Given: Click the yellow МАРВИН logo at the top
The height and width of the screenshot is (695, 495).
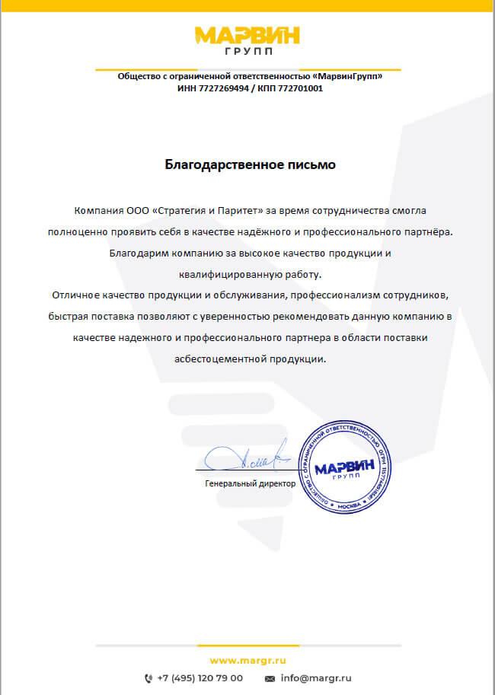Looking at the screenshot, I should click(x=247, y=37).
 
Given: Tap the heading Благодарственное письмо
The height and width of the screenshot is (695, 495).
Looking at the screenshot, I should click(x=251, y=164).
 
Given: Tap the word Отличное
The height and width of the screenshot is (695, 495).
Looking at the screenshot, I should click(x=75, y=294).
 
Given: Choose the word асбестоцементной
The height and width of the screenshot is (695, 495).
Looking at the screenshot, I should click(x=216, y=358).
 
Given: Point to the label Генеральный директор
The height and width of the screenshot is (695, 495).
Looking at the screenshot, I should click(x=250, y=483).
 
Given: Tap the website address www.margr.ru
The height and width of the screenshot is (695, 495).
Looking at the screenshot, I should click(x=247, y=660).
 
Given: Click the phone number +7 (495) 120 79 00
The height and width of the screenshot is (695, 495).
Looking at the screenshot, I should click(x=200, y=677).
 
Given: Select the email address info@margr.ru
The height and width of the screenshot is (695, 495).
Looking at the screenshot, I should click(x=315, y=677).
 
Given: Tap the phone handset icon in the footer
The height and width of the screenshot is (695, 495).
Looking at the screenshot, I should click(x=148, y=677).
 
